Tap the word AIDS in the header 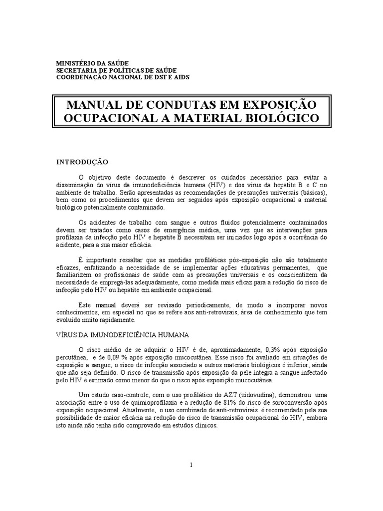[180, 77]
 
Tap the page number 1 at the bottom [191, 465]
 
